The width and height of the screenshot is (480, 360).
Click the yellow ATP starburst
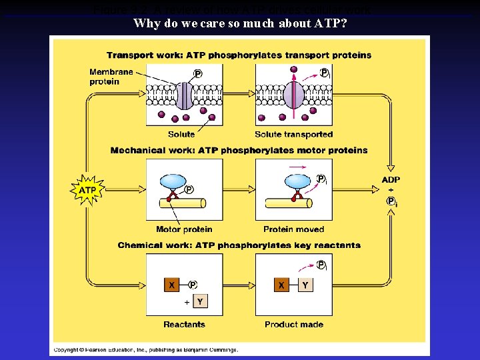(88, 190)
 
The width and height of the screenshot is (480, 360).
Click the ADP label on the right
(391, 179)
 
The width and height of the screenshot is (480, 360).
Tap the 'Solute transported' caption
(293, 135)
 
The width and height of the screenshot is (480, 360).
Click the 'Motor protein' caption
(184, 229)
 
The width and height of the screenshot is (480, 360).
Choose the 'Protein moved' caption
(293, 229)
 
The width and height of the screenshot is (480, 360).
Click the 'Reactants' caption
(184, 325)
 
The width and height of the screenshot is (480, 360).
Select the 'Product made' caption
(293, 325)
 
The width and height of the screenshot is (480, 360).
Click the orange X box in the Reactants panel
(172, 285)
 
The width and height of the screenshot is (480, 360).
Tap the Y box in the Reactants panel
(199, 302)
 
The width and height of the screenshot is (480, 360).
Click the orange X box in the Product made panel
(282, 285)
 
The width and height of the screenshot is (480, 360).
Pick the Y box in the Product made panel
(305, 285)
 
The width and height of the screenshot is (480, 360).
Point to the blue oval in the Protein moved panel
(297, 182)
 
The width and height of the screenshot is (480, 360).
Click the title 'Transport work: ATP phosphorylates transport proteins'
(239, 55)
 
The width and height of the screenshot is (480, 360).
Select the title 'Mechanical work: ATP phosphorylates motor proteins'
(239, 150)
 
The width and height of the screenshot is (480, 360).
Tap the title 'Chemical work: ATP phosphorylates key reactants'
(239, 245)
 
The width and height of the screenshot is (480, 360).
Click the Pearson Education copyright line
(145, 349)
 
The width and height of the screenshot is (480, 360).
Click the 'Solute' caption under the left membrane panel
(181, 135)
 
